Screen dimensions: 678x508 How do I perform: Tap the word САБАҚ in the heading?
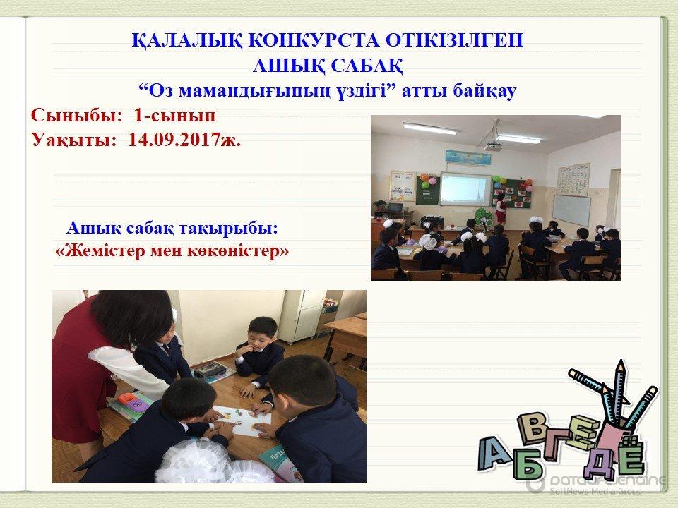(x=367, y=66)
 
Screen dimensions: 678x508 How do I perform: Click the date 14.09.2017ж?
(x=184, y=140)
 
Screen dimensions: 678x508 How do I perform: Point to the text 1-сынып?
(x=174, y=115)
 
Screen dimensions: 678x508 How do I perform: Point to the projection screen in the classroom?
(x=465, y=189)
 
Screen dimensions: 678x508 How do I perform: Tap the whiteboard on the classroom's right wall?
(x=571, y=210)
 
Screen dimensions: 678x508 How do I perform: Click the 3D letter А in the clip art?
(x=494, y=454)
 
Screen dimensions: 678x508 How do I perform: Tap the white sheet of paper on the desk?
(x=243, y=420)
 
